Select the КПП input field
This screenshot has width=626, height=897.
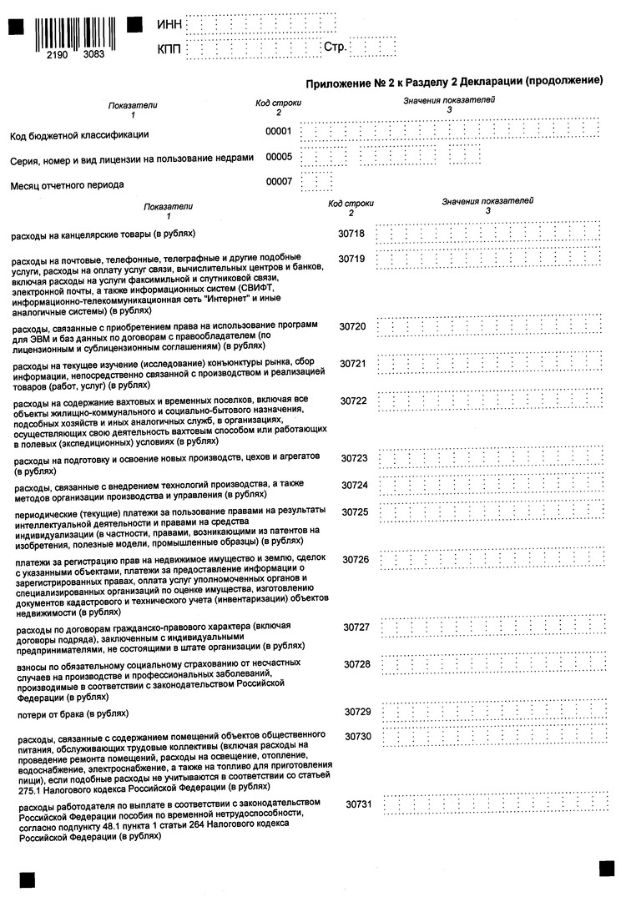pyautogui.click(x=250, y=50)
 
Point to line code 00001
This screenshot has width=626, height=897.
pyautogui.click(x=279, y=132)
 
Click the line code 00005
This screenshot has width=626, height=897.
pyautogui.click(x=279, y=156)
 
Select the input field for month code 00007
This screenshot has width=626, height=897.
pyautogui.click(x=318, y=181)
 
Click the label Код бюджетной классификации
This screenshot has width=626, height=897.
pyautogui.click(x=79, y=134)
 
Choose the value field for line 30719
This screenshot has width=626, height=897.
pyautogui.click(x=490, y=260)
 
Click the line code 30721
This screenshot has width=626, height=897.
pyautogui.click(x=353, y=365)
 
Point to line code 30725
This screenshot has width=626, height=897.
pyautogui.click(x=355, y=511)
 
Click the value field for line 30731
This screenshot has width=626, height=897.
pyautogui.click(x=494, y=803)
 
